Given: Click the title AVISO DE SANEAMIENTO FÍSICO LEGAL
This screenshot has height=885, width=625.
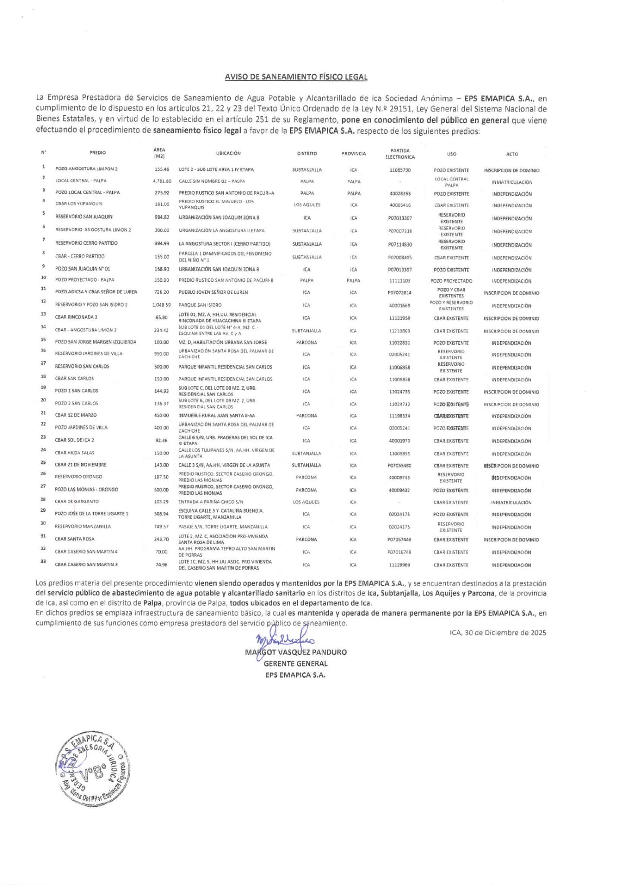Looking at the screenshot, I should (296, 77).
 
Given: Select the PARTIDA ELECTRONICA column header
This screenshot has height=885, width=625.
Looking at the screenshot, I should (400, 154).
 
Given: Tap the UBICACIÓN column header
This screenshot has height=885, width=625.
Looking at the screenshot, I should (228, 153).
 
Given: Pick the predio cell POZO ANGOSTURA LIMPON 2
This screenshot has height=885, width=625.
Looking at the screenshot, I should (86, 169).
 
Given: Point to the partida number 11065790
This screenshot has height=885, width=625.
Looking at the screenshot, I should (400, 170).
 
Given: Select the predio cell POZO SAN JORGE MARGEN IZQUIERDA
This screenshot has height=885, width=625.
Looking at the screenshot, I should (95, 342).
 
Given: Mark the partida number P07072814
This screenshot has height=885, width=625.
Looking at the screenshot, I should (400, 293).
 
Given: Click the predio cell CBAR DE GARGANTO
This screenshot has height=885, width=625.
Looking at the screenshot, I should (77, 502).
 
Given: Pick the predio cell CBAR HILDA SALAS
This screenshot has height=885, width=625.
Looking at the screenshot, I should (75, 453).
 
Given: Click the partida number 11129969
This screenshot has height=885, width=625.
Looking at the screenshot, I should (400, 565).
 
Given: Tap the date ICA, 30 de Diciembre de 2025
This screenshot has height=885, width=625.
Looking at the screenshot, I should (498, 633).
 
